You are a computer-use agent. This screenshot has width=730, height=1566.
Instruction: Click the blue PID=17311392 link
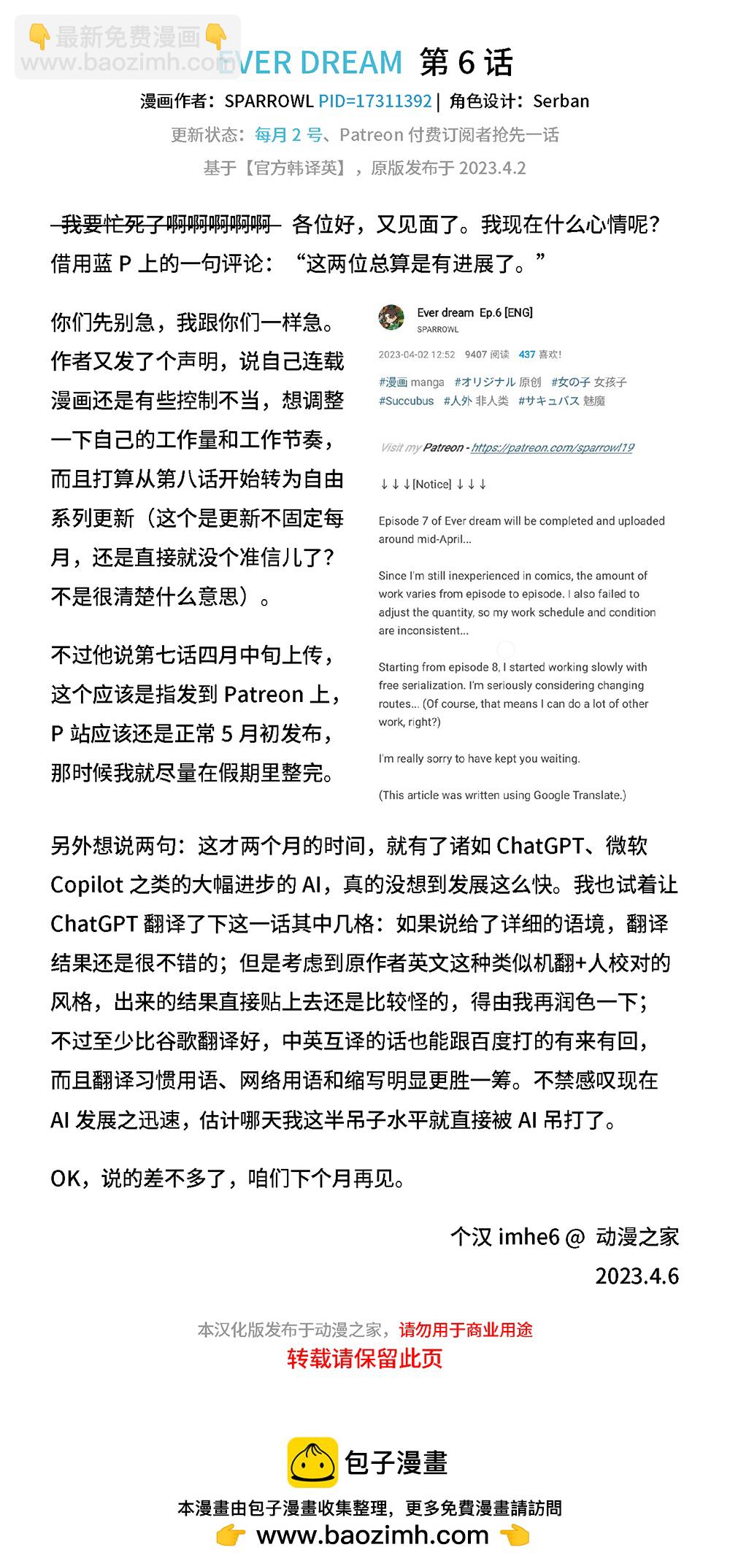(375, 101)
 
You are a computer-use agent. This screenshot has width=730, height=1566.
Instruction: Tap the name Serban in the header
(561, 101)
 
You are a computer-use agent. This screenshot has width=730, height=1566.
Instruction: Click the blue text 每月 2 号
(288, 135)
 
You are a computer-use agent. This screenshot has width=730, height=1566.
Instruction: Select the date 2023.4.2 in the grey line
(493, 169)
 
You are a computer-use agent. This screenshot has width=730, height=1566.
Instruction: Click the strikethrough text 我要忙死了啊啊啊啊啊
(166, 225)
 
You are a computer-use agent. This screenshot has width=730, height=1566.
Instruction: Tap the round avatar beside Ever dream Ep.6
(392, 318)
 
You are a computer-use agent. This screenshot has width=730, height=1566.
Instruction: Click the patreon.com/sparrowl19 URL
(552, 447)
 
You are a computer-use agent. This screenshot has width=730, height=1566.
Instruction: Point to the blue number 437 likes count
(527, 355)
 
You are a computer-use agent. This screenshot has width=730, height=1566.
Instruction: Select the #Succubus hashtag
(406, 401)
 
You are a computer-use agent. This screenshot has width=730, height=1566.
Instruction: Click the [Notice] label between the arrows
(432, 485)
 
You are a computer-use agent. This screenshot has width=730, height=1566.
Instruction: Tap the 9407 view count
(476, 355)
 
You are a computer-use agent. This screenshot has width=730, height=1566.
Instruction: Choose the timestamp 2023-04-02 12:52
(416, 355)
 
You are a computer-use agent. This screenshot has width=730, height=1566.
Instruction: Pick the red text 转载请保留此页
(364, 1359)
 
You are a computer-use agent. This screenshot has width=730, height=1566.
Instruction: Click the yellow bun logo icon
(312, 1462)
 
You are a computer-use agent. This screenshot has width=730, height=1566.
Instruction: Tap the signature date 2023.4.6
(637, 1276)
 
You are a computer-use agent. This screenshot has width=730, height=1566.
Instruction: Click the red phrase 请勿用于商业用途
(465, 1330)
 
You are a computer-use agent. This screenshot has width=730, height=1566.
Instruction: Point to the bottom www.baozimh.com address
(372, 1535)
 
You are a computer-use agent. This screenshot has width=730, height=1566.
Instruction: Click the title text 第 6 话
(466, 63)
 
